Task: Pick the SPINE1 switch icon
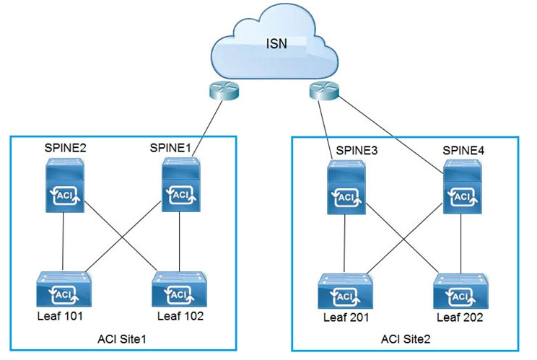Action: click(178, 187)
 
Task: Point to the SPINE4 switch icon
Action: click(460, 187)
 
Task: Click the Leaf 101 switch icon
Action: click(64, 289)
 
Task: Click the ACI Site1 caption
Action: click(125, 338)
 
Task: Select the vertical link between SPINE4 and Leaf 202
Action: click(461, 242)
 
